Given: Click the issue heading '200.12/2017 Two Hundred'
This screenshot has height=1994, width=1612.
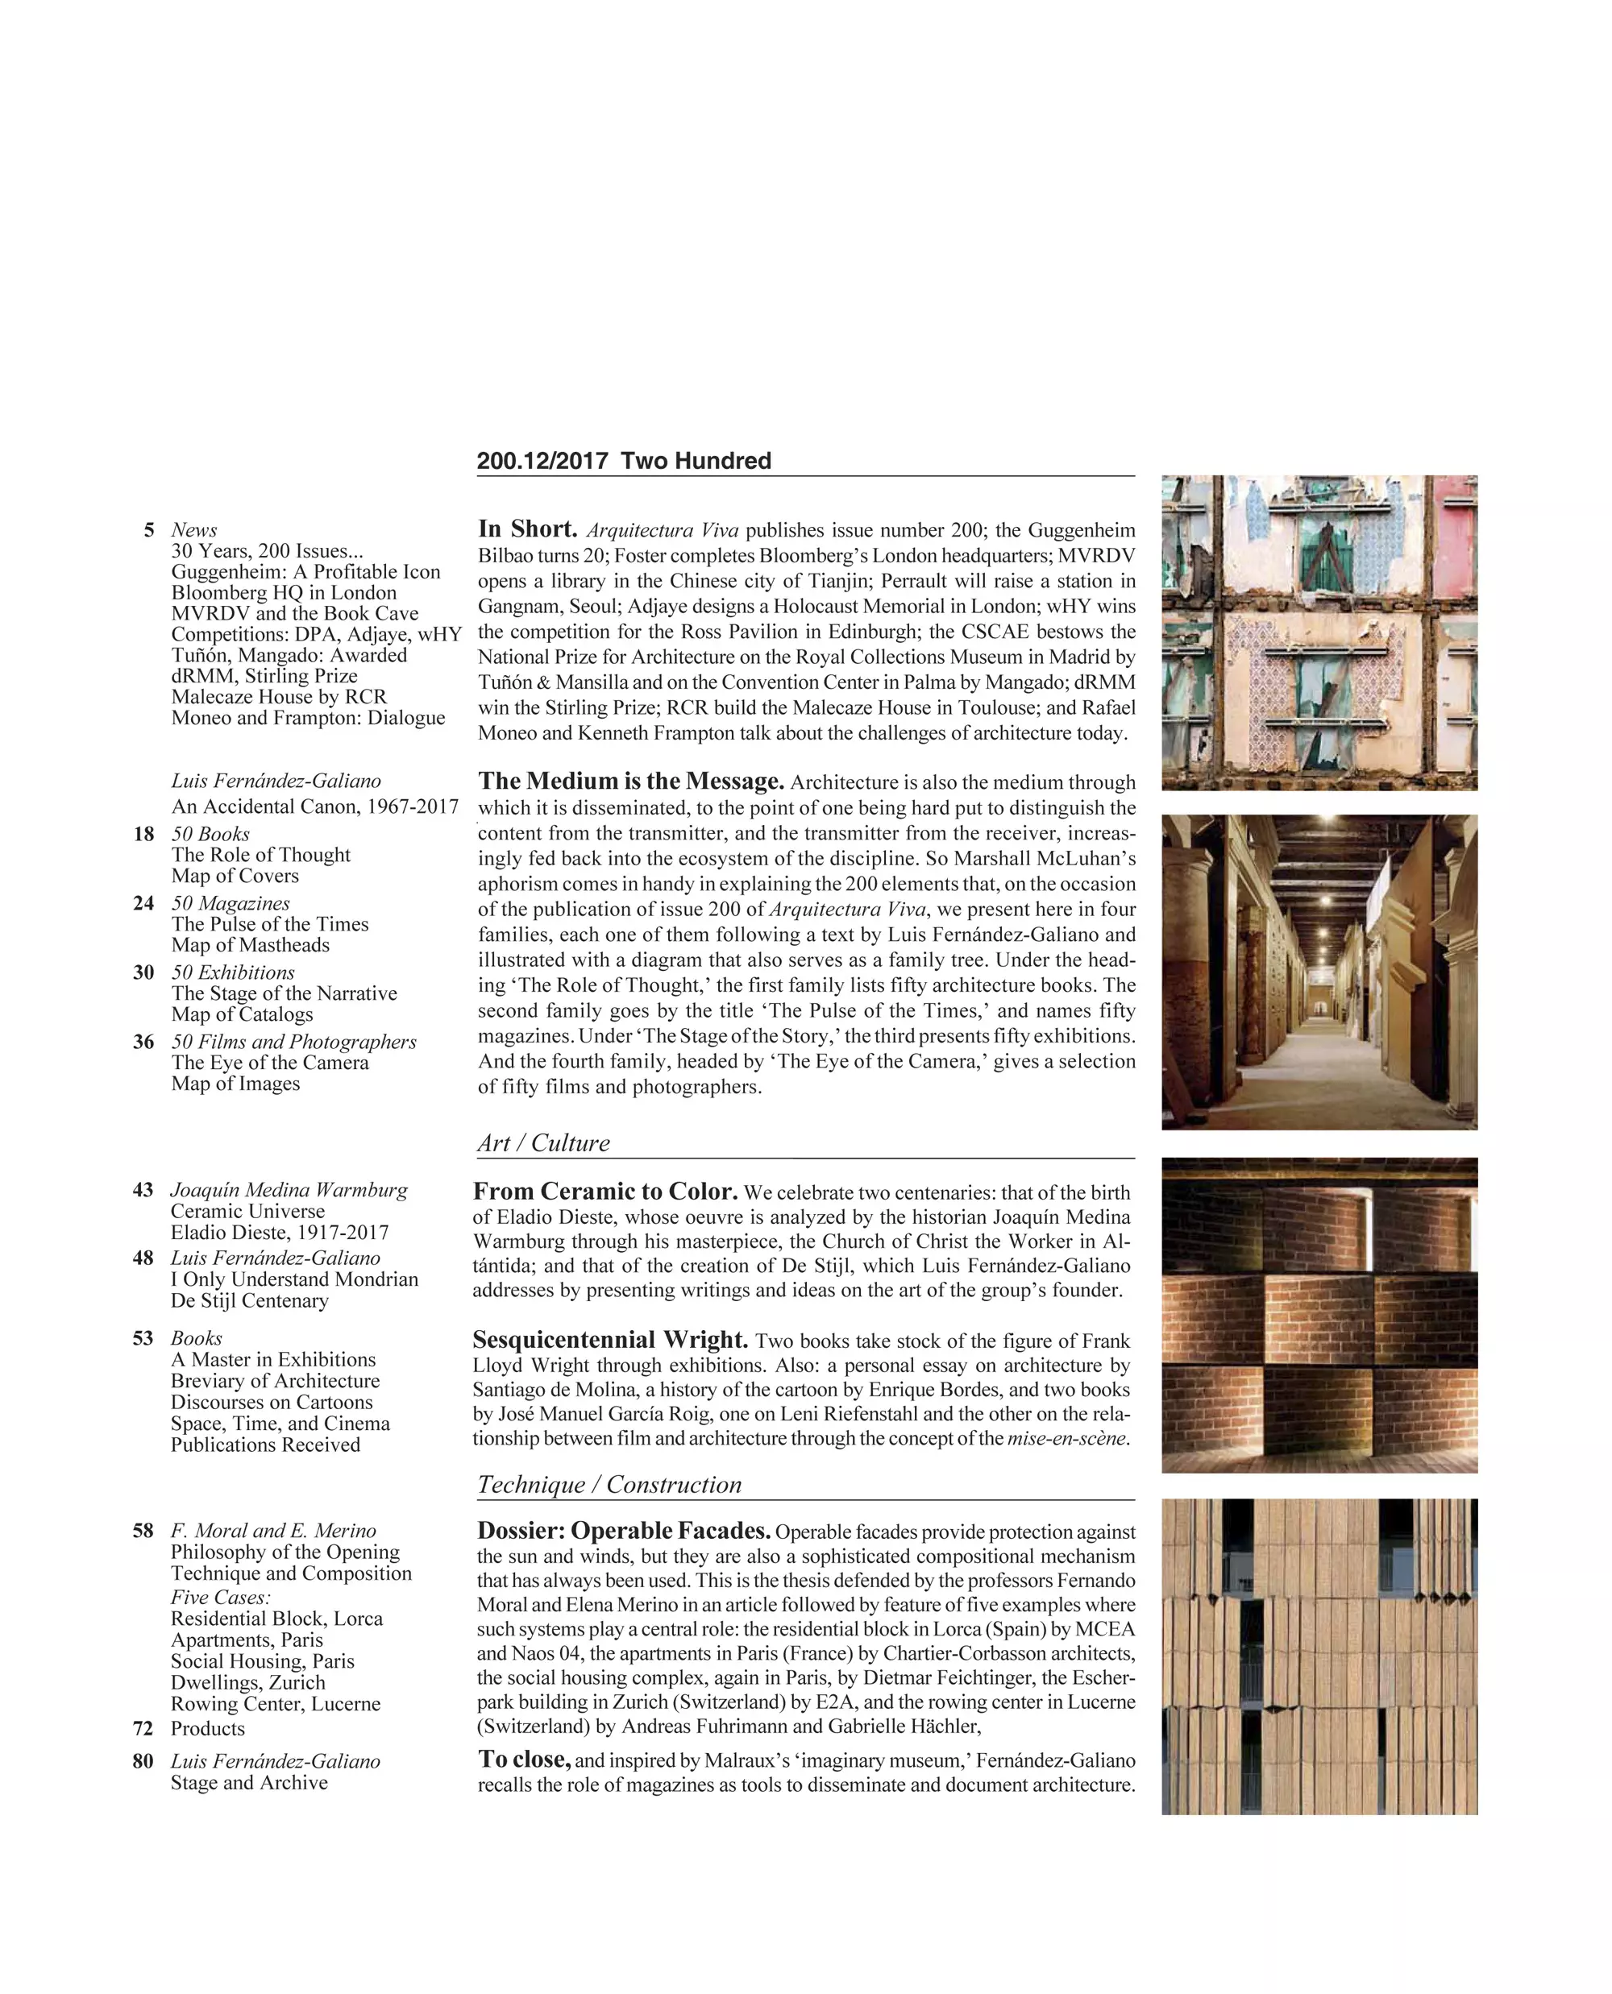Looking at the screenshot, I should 623,461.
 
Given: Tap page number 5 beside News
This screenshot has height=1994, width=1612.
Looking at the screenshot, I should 148,530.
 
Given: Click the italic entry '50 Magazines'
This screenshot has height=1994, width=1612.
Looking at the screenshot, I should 231,903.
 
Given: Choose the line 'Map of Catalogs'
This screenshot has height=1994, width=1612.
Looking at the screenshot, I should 242,1014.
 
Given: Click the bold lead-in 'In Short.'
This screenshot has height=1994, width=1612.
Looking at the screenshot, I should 527,529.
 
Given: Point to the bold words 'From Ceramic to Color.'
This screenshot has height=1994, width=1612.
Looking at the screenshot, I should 605,1192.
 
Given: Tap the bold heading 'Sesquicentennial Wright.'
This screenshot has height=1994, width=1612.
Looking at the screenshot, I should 610,1341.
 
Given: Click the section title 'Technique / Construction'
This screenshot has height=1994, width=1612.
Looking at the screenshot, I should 609,1484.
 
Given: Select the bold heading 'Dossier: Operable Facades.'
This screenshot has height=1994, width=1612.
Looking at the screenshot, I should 624,1531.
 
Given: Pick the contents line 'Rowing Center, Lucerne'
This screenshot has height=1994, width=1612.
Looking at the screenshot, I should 275,1703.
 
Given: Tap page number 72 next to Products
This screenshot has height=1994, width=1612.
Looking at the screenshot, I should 143,1728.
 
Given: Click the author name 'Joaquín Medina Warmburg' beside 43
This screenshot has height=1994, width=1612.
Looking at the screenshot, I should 289,1190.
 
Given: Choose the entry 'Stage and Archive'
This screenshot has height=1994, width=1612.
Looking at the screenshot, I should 249,1782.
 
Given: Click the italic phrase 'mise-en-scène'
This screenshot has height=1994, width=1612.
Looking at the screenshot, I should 1067,1439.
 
